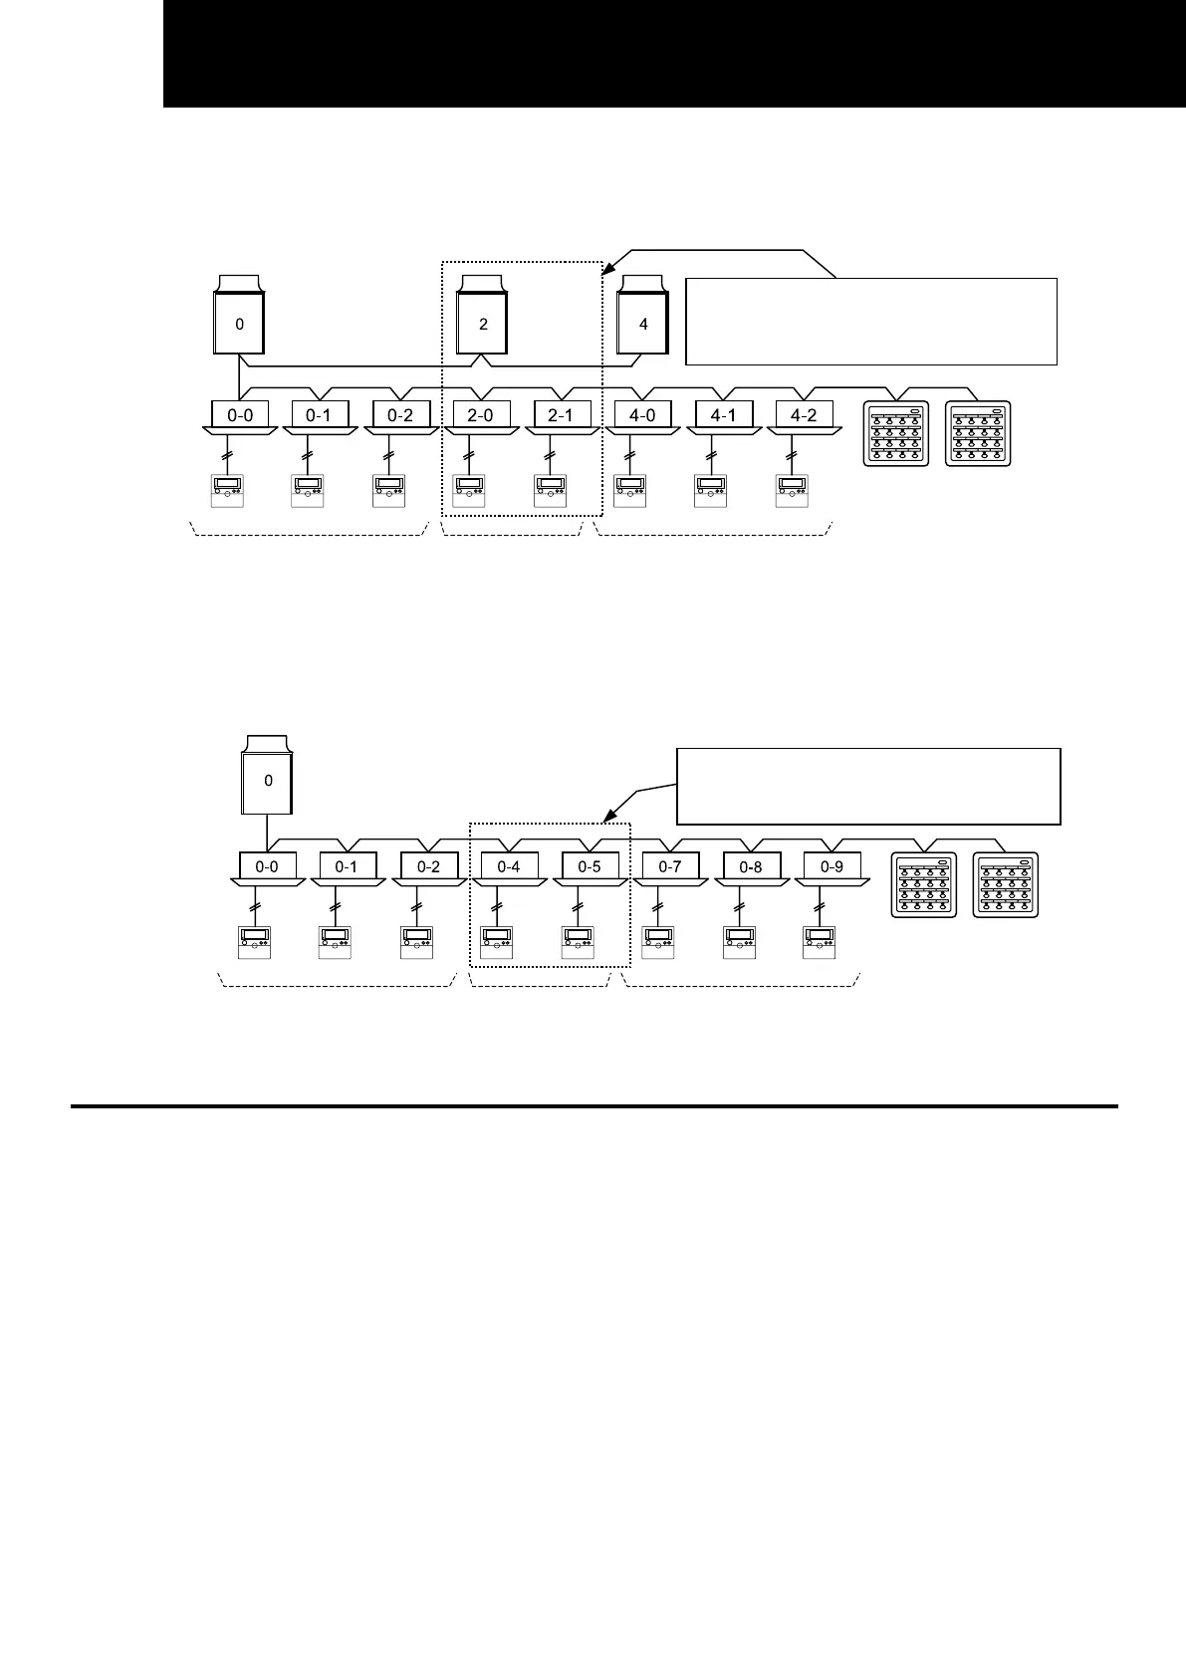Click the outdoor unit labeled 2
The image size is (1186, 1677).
(x=483, y=323)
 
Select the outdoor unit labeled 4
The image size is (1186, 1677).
(x=643, y=323)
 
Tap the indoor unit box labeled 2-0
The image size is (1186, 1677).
(x=480, y=415)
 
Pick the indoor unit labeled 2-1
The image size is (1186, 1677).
(x=562, y=415)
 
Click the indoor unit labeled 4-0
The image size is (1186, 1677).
(x=642, y=415)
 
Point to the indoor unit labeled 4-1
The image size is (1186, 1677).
(x=723, y=415)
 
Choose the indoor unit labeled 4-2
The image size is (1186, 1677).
(x=804, y=415)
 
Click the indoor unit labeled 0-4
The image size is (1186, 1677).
(x=508, y=866)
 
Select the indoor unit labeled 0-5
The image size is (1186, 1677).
(x=590, y=866)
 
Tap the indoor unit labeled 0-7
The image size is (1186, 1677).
(x=670, y=866)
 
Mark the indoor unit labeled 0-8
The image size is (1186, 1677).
(x=751, y=866)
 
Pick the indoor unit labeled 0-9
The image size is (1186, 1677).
(x=831, y=866)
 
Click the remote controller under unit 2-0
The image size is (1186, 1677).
(x=469, y=491)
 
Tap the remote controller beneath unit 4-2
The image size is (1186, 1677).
(x=793, y=491)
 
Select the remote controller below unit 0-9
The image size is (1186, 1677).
(x=820, y=941)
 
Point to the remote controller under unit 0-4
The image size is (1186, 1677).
(x=497, y=941)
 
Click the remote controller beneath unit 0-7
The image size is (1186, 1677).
(x=658, y=941)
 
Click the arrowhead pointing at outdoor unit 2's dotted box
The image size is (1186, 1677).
(x=610, y=266)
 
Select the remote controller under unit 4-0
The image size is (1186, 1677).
(x=630, y=491)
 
